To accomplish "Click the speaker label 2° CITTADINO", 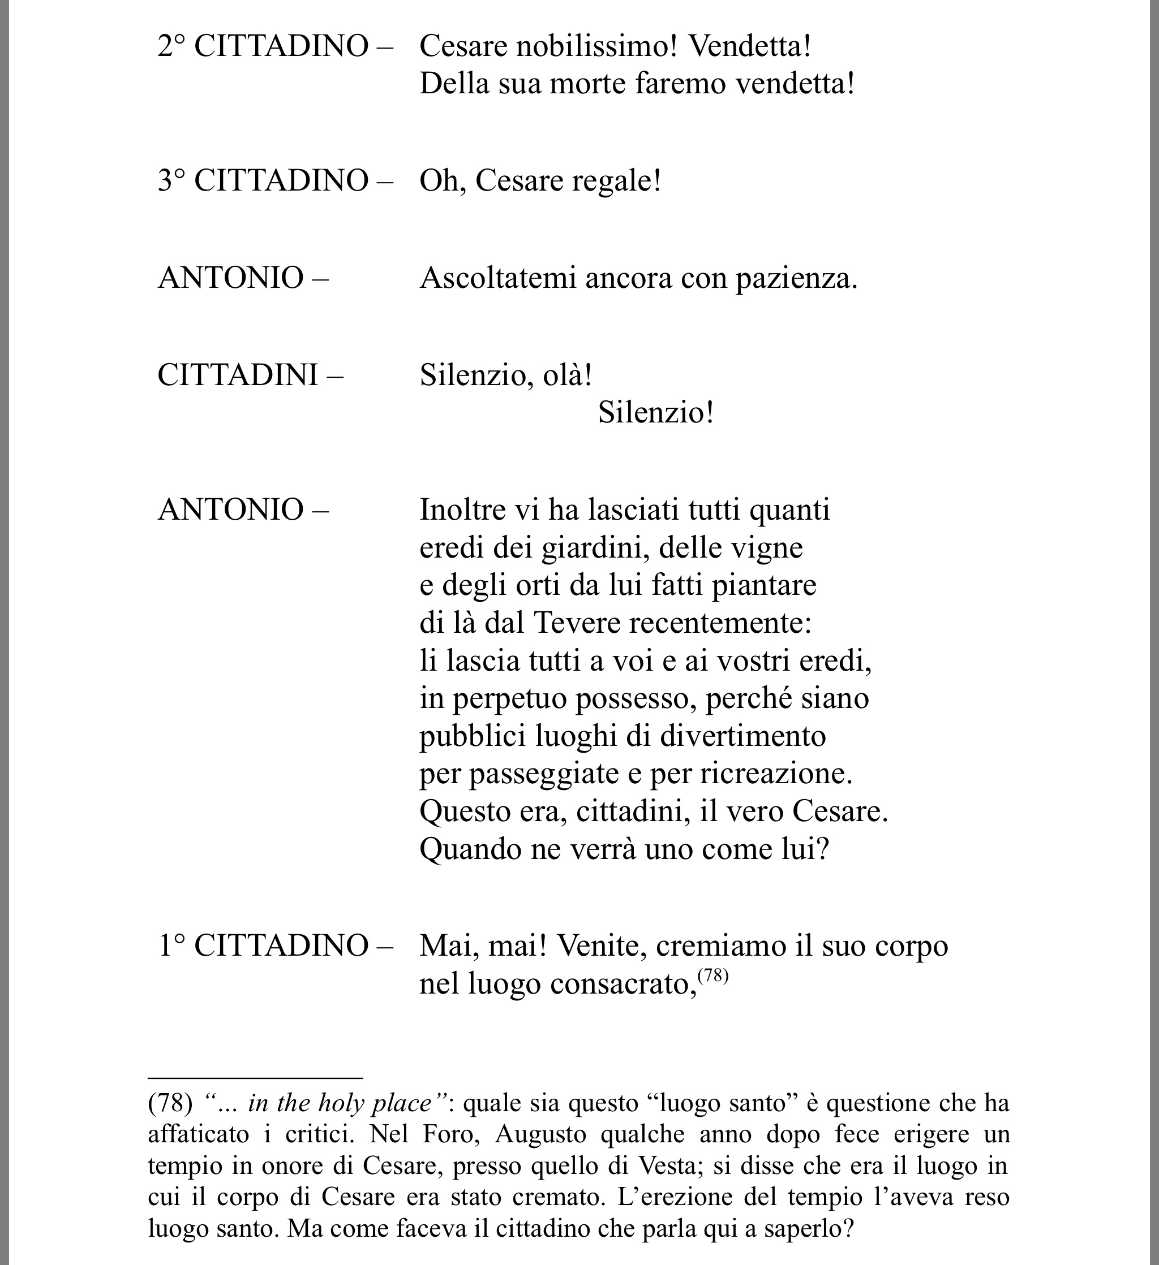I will click(263, 46).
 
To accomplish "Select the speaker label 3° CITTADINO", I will click(263, 181).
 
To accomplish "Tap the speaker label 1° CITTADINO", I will click(263, 945).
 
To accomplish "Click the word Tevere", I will click(576, 623).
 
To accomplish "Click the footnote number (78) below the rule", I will click(170, 1103).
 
